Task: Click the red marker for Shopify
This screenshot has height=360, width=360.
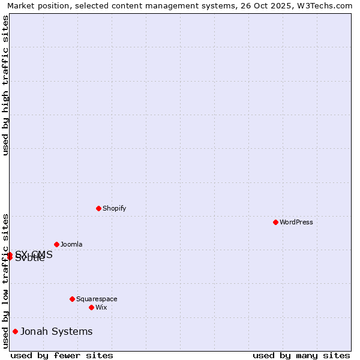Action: point(98,208)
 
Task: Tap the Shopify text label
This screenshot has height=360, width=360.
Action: point(114,209)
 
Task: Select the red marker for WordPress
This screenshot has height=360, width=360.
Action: point(275,222)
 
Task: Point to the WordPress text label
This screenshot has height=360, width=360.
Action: point(296,223)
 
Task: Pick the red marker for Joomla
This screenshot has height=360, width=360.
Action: point(56,244)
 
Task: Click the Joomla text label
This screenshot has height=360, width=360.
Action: point(71,245)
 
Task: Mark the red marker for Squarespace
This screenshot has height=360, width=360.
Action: point(72,299)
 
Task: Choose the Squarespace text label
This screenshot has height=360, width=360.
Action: point(97,299)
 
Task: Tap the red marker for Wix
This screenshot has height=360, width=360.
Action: point(91,307)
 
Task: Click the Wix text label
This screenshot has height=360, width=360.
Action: point(101,308)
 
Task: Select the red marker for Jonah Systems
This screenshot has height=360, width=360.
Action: point(15,331)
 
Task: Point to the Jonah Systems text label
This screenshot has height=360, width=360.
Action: point(56,332)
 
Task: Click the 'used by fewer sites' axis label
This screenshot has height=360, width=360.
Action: point(62,355)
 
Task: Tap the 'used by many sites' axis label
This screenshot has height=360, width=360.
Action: point(301,355)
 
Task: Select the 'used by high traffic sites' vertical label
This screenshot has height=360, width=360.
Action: point(5,85)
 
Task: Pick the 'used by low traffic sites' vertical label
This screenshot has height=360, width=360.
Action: point(5,281)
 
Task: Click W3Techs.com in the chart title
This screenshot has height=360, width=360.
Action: point(326,6)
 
